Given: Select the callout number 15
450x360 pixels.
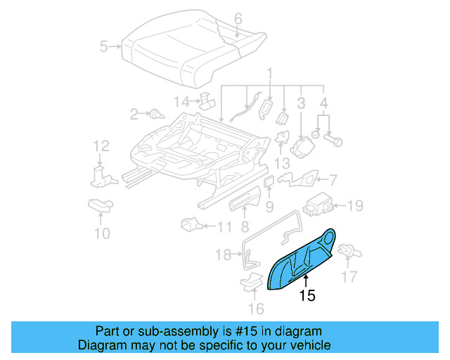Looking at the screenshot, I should tap(307, 297).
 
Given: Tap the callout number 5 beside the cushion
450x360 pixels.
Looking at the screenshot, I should tap(104, 47).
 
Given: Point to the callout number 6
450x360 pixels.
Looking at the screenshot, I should tap(238, 18).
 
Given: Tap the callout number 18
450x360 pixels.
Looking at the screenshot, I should tap(223, 255).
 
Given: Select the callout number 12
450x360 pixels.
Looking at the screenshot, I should tap(101, 146).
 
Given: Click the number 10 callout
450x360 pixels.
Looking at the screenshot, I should tap(102, 233).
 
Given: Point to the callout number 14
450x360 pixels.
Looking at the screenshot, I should tap(181, 102).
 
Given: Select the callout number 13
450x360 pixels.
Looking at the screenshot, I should tap(281, 163).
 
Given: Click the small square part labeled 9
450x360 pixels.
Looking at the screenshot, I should tap(269, 182).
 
